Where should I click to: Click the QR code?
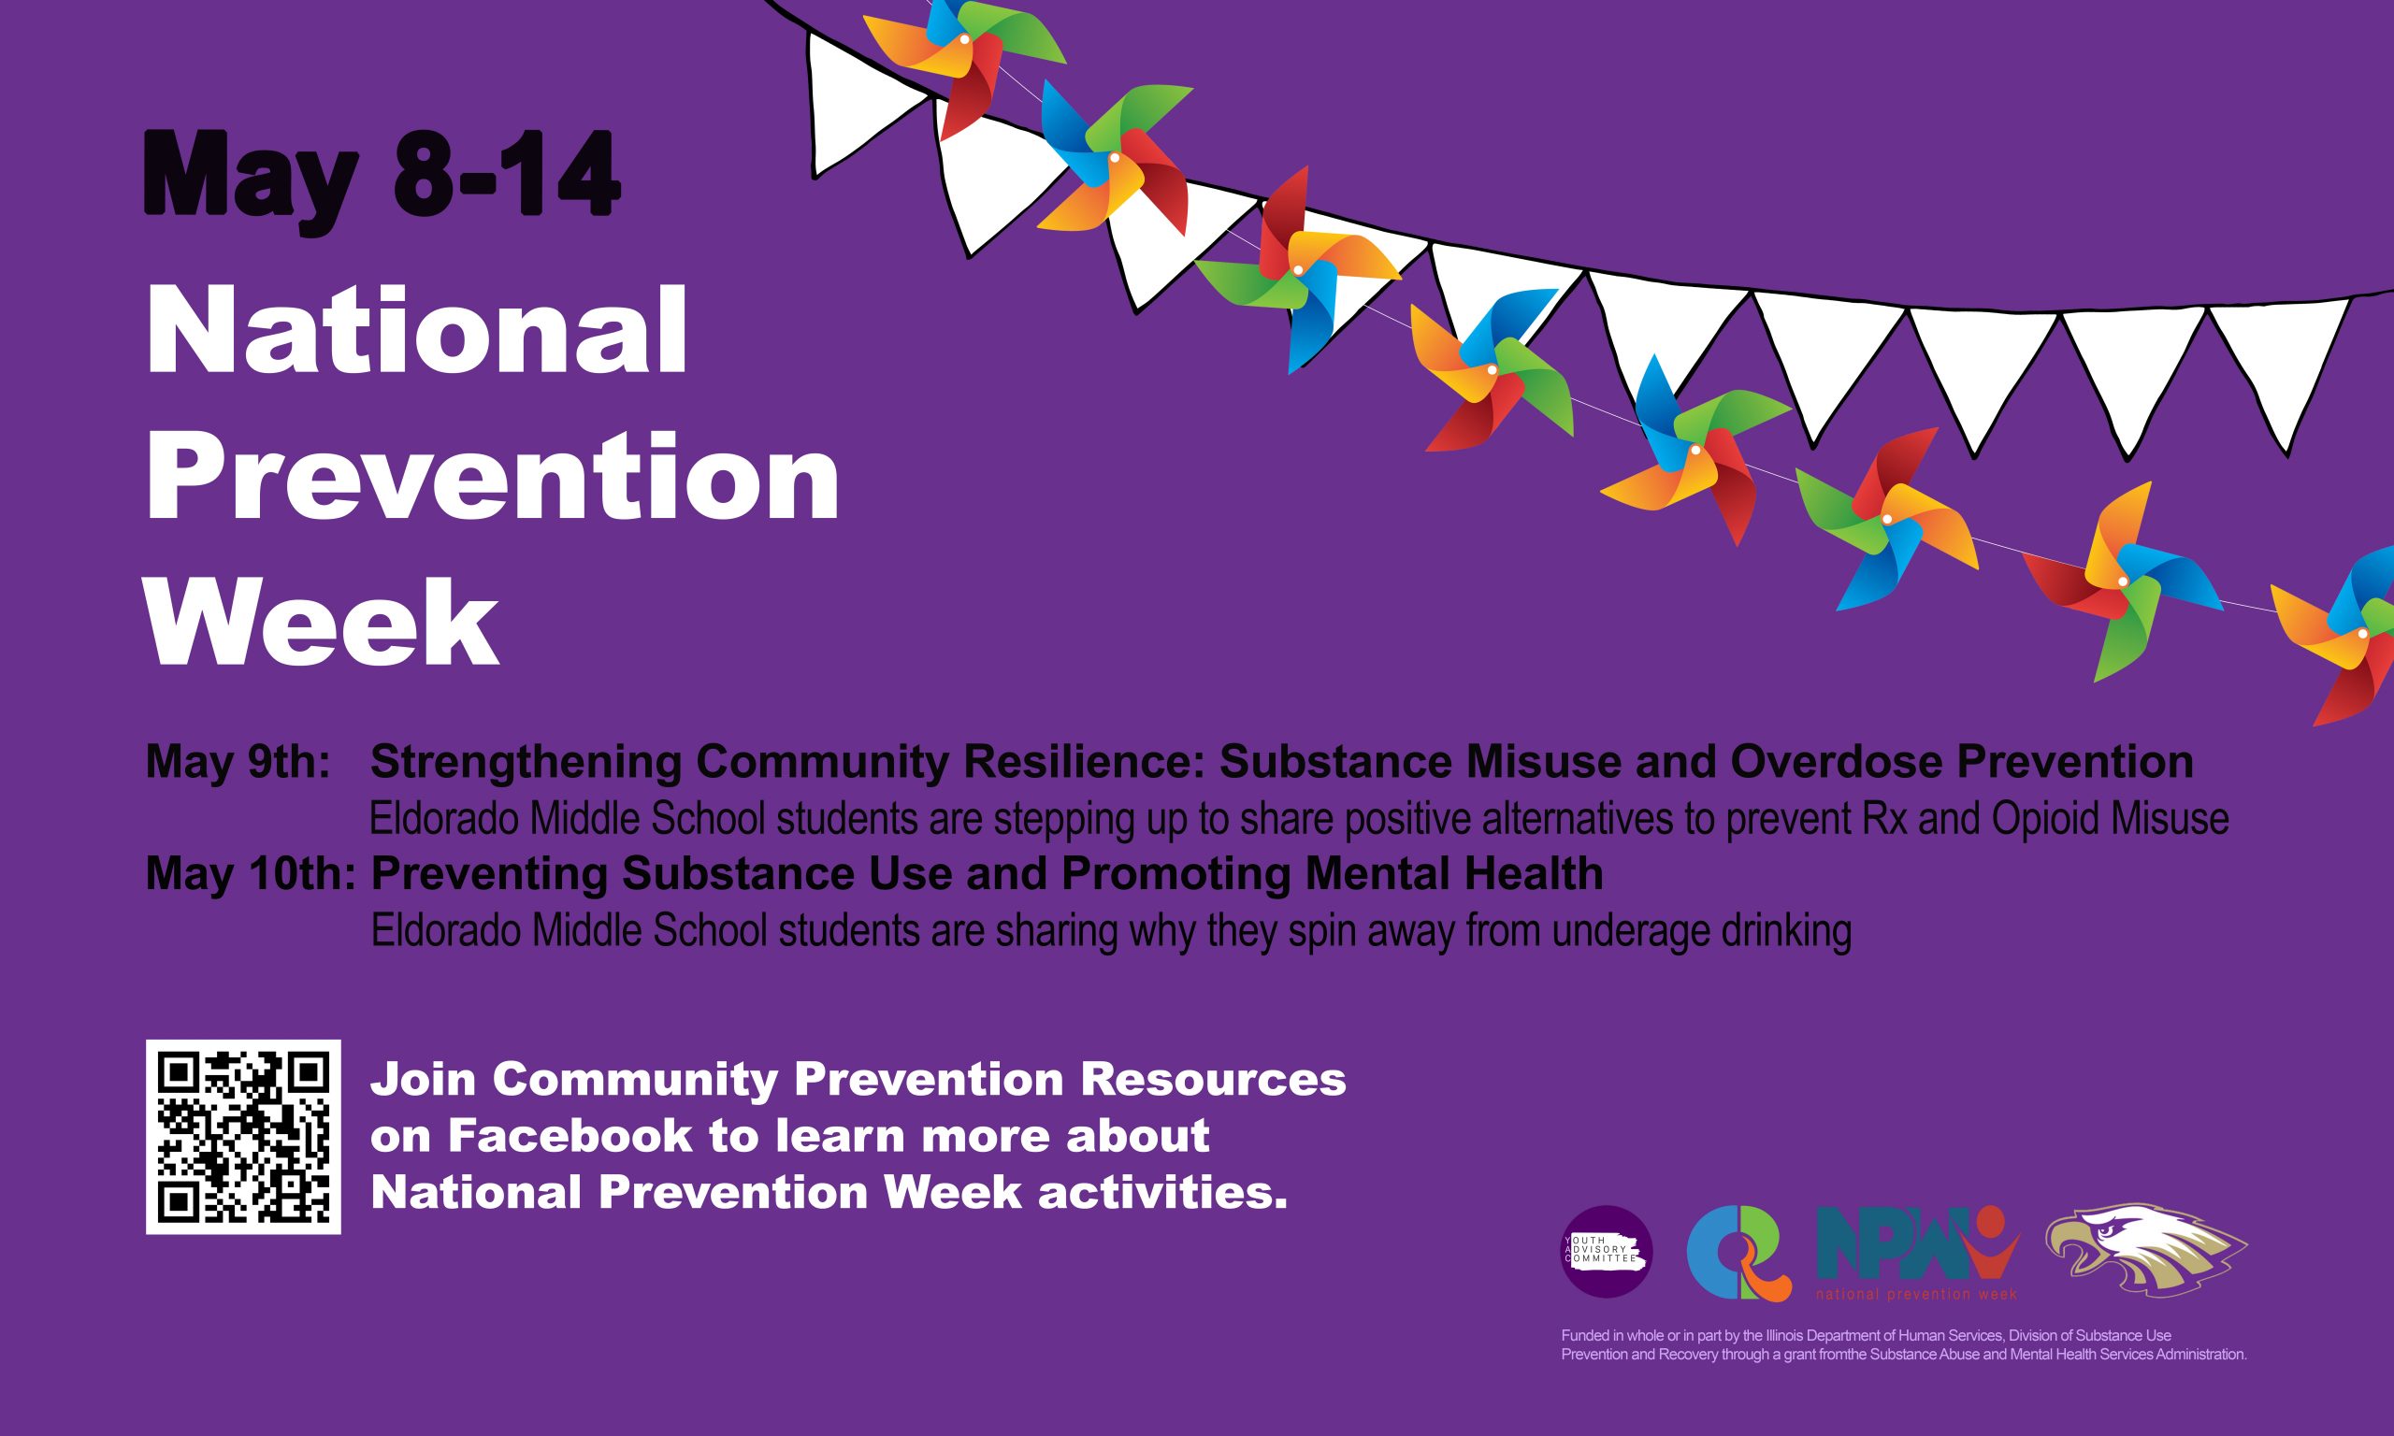243,1136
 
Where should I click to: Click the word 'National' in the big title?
416,330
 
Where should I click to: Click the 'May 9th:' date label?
238,763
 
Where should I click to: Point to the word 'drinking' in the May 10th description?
1785,931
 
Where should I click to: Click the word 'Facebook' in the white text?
570,1136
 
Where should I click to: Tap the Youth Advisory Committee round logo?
1608,1251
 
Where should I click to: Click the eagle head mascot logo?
2146,1249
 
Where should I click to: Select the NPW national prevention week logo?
1918,1253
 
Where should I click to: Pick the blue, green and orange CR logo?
1738,1254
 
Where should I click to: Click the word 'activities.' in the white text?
1163,1192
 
